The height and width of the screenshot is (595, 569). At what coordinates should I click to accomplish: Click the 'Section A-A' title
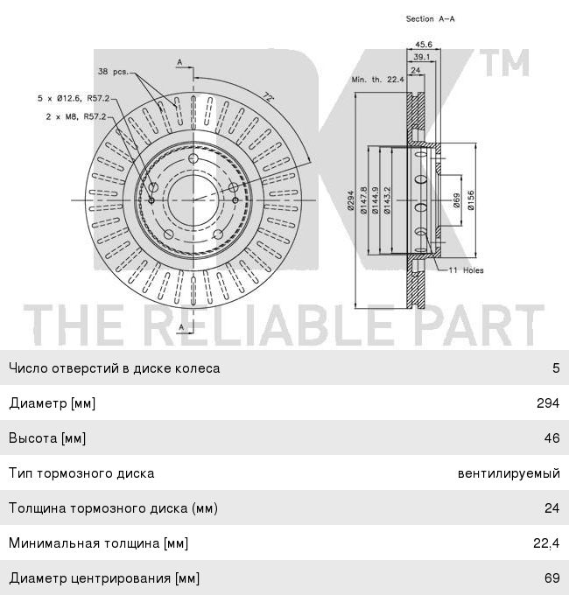[x=430, y=18]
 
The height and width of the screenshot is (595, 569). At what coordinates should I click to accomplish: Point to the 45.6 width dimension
[x=423, y=45]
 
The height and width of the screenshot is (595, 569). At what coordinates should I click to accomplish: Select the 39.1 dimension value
[x=421, y=57]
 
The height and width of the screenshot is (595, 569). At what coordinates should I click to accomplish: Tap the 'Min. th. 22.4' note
[x=377, y=80]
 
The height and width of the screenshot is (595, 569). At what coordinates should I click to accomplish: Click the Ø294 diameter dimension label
[x=350, y=200]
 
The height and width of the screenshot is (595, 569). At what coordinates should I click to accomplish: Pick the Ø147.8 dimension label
[x=363, y=200]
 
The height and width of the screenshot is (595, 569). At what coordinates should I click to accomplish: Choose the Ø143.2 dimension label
[x=387, y=200]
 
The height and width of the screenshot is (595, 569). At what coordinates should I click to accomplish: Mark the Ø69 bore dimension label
[x=456, y=200]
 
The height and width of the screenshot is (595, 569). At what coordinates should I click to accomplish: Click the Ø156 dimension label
[x=471, y=200]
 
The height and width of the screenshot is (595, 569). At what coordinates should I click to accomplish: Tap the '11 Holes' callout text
[x=466, y=270]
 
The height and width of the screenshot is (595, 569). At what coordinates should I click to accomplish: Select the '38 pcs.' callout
[x=114, y=72]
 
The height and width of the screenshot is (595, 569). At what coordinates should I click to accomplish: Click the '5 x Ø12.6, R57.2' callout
[x=74, y=98]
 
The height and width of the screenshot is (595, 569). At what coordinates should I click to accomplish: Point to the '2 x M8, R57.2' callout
[x=76, y=116]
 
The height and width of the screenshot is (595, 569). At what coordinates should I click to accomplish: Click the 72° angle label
[x=268, y=97]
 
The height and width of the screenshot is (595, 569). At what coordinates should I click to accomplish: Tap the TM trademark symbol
[x=505, y=63]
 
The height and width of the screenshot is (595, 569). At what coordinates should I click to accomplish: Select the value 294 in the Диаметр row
[x=548, y=402]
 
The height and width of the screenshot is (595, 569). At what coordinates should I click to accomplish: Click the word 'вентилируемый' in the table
[x=509, y=473]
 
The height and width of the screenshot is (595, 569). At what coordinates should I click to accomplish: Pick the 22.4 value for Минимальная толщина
[x=546, y=543]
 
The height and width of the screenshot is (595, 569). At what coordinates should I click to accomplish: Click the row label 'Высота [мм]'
[x=47, y=438]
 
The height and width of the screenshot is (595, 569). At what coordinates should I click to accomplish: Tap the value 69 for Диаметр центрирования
[x=551, y=577]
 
